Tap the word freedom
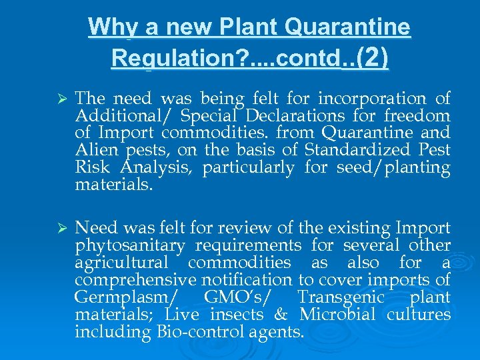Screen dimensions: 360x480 [x=421, y=117]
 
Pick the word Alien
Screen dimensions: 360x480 [x=95, y=151]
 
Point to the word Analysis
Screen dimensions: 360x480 [x=161, y=168]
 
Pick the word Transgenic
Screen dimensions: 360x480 [x=341, y=297]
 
